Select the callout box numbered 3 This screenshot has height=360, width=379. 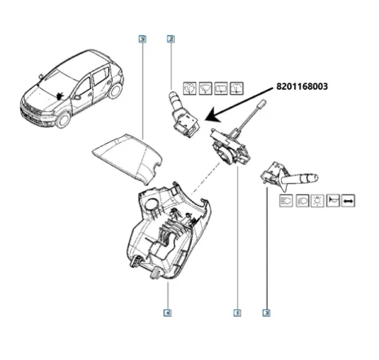pos(143,39)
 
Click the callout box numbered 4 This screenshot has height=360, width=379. pos(167,312)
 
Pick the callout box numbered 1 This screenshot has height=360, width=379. pos(237,312)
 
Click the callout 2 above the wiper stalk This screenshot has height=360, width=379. pos(170,39)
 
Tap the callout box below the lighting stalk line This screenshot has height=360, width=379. pos(266,312)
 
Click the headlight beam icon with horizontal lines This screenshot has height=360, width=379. pos(287,200)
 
